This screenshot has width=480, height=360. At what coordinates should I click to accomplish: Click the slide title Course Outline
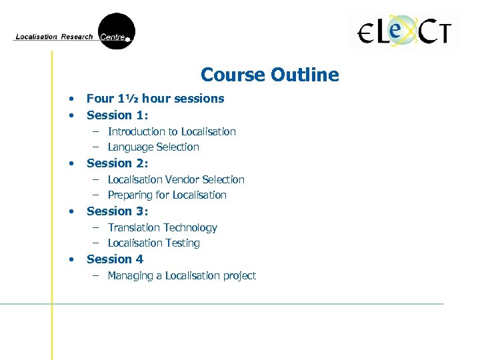tap(269, 75)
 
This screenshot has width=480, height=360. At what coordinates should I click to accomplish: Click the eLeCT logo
tap(404, 32)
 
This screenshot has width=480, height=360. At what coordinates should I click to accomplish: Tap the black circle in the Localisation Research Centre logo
tap(117, 31)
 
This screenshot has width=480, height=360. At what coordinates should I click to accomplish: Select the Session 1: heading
tap(117, 115)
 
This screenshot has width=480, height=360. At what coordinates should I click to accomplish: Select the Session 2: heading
tap(117, 163)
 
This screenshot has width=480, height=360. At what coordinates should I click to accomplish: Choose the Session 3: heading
tap(117, 211)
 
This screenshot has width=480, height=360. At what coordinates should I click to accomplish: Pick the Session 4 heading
tap(115, 259)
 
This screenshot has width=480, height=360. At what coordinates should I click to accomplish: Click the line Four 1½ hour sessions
tap(155, 99)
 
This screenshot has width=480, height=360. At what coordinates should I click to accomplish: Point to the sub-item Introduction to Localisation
tap(171, 131)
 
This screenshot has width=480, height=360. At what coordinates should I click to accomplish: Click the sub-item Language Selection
tap(153, 147)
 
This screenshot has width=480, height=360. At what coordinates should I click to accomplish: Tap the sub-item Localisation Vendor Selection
tap(176, 179)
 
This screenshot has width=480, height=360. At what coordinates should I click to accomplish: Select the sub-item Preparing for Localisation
tap(167, 195)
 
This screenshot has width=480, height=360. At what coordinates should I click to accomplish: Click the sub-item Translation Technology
tap(162, 227)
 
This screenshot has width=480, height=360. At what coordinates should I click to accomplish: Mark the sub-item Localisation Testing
tap(153, 243)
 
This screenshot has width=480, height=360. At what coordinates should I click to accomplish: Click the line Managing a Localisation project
tap(181, 275)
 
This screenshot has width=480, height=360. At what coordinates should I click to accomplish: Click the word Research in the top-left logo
tap(77, 37)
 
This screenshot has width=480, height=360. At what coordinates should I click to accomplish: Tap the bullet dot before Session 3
tap(70, 211)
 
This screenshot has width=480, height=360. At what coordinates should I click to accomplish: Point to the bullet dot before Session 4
tap(70, 259)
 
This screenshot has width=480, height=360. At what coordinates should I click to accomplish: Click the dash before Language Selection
tap(96, 147)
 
